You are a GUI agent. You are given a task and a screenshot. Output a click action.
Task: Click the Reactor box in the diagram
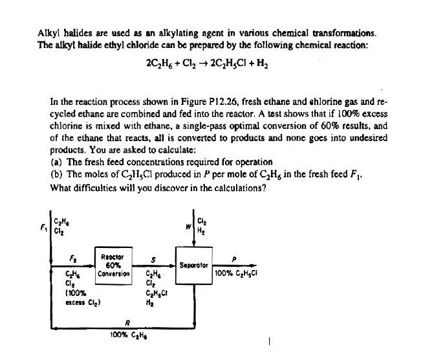click(114, 265)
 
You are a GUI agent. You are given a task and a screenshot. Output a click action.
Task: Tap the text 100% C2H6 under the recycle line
click(127, 337)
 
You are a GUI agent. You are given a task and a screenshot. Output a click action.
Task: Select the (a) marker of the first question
click(56, 162)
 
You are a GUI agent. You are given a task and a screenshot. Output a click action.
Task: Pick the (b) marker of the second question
click(56, 175)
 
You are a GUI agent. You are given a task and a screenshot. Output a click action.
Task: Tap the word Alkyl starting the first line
click(47, 32)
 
